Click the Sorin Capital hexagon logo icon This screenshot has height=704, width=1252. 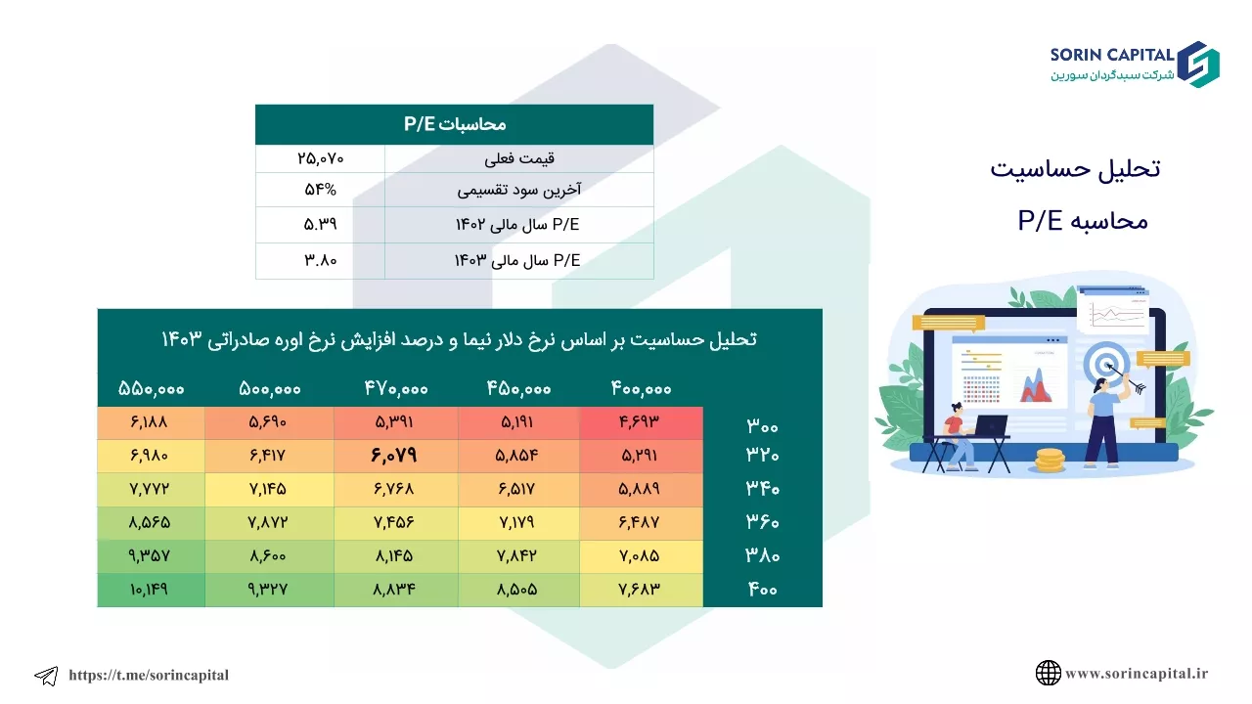coord(1198,65)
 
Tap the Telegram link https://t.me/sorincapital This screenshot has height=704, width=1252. coord(149,675)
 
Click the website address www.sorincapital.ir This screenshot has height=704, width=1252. coord(1137,674)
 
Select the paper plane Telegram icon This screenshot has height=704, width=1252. coord(46,676)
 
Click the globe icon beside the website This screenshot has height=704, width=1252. coord(1048,673)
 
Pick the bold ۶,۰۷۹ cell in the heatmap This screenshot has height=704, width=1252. coord(394,456)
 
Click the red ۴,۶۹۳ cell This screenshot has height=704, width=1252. coord(640,421)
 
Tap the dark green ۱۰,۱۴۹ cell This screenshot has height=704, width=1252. coord(150,590)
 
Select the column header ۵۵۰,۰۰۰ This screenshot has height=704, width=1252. coord(151,389)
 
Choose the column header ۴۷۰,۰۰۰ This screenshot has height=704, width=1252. coord(396,389)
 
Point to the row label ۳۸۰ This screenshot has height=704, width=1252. coord(762,555)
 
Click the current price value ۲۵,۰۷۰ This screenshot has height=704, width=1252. coord(320,158)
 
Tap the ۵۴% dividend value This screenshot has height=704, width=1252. coord(320,190)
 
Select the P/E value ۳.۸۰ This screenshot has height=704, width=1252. coord(320,260)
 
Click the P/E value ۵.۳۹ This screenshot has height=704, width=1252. coord(320,225)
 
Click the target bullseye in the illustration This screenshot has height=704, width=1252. coord(1105,366)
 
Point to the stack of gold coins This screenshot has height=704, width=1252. coord(1050,461)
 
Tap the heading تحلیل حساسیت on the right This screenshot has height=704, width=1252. coord(1075,169)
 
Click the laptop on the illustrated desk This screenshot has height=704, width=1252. coord(988,425)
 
